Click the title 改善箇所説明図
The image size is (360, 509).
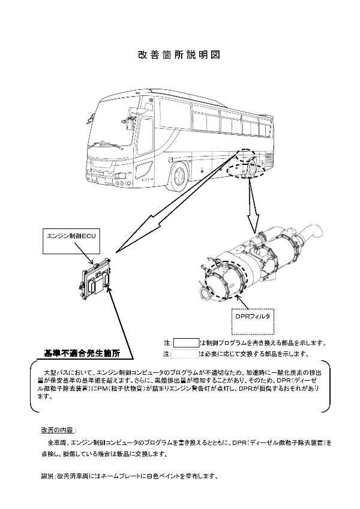(179, 55)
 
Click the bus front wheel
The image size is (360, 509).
(179, 175)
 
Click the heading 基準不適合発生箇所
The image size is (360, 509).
(82, 353)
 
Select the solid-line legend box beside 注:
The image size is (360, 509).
(186, 343)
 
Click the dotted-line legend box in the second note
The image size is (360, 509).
(186, 354)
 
